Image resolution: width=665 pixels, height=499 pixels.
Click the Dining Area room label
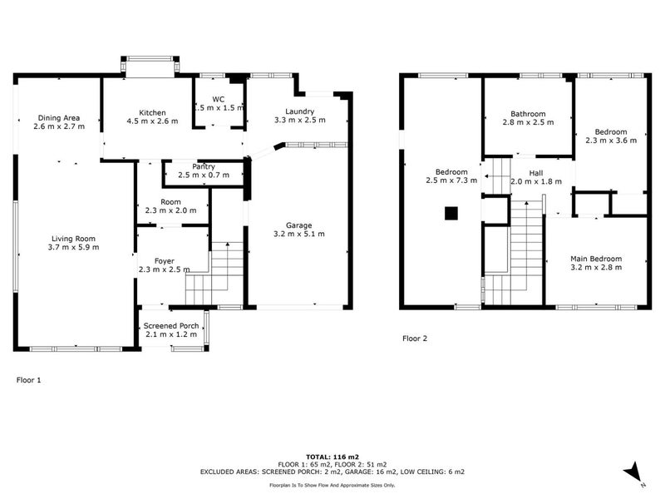coord(59,118)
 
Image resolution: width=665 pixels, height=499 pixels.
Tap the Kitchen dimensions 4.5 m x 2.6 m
coord(152,121)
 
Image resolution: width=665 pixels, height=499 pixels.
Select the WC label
coord(219,99)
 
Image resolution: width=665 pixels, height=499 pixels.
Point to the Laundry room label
coord(300,111)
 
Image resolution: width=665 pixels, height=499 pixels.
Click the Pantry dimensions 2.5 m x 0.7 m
coord(204,175)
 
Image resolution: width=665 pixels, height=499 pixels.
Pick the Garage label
coord(299,225)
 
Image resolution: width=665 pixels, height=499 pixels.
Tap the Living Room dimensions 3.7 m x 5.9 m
coord(73,247)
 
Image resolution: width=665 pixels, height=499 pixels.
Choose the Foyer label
coord(164,261)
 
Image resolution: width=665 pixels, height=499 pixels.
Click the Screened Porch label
coord(171,325)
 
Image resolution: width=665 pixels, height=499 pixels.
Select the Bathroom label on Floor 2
coord(528,114)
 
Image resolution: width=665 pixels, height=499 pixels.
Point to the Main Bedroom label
coord(596,259)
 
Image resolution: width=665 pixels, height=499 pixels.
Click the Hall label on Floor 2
coord(536,173)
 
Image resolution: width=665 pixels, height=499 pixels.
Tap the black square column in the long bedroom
coord(451,213)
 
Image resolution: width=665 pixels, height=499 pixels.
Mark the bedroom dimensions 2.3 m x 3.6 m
coord(611,141)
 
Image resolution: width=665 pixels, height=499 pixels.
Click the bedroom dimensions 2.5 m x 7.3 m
coord(451,180)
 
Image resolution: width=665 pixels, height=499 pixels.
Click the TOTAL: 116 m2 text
coord(332,457)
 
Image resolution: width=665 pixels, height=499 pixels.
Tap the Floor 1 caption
coord(29,380)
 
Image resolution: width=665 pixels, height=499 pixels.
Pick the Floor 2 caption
coord(415,338)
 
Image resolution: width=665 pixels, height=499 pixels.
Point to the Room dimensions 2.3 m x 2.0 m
coord(171,210)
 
